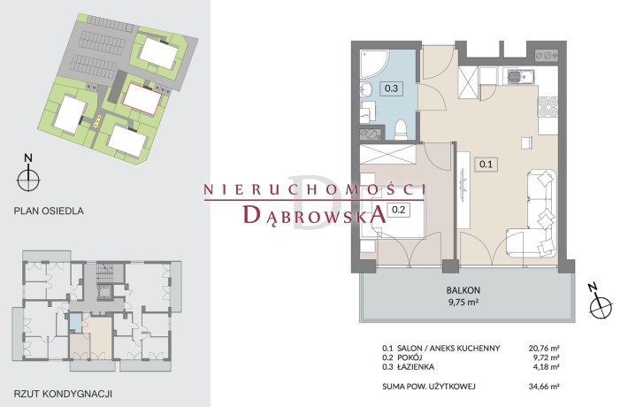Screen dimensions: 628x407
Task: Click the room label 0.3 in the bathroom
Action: pos(391,88)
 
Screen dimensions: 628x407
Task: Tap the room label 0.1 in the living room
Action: pos(486,164)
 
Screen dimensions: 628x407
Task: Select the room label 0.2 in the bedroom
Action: pos(399,209)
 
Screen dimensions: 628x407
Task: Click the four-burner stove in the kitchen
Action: pos(548,107)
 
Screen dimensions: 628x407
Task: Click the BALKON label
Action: pos(463,290)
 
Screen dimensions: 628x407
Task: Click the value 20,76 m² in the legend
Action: pos(544,348)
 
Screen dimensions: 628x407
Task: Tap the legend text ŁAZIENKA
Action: pos(416,366)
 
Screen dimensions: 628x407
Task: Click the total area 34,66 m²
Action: pos(544,387)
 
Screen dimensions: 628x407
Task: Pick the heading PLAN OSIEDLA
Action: pos(49,211)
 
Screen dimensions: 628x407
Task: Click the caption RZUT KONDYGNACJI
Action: pos(63,394)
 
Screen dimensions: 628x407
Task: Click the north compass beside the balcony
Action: pos(600,303)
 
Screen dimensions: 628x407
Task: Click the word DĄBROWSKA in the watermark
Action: pos(315,214)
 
